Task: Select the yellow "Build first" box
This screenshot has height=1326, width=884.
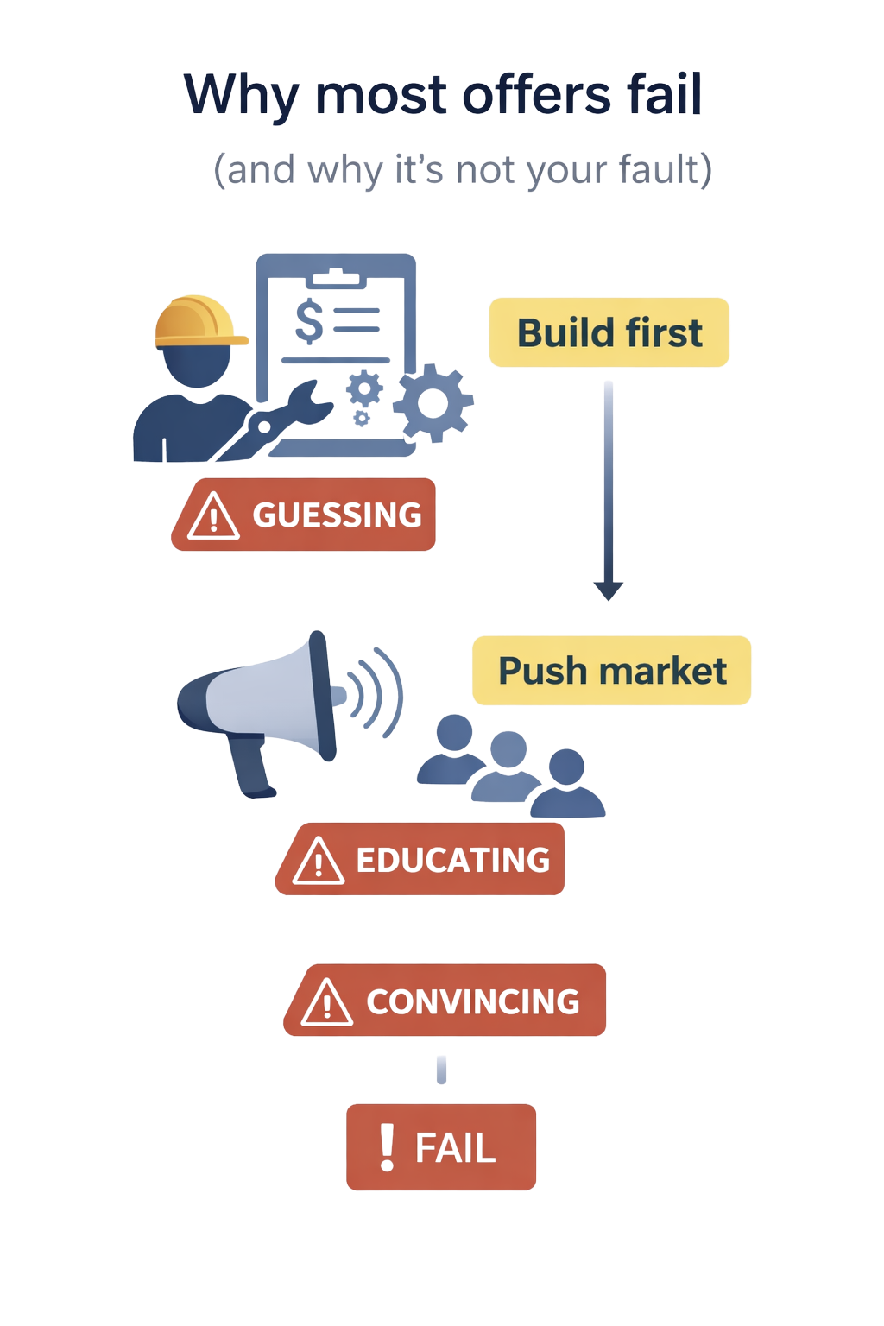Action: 609,332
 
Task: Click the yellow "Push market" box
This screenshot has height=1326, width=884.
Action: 612,671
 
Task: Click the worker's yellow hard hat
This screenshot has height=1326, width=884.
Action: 200,322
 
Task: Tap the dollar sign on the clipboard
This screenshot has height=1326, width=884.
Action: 310,319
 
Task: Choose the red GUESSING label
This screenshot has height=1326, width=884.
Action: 303,515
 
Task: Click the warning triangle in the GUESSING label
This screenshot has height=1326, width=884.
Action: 212,516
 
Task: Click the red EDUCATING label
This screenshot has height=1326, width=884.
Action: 420,859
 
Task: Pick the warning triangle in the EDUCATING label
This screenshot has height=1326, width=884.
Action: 318,860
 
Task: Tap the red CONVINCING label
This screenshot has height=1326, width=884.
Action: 444,1001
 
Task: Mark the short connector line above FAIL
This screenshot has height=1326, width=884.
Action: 442,1070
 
